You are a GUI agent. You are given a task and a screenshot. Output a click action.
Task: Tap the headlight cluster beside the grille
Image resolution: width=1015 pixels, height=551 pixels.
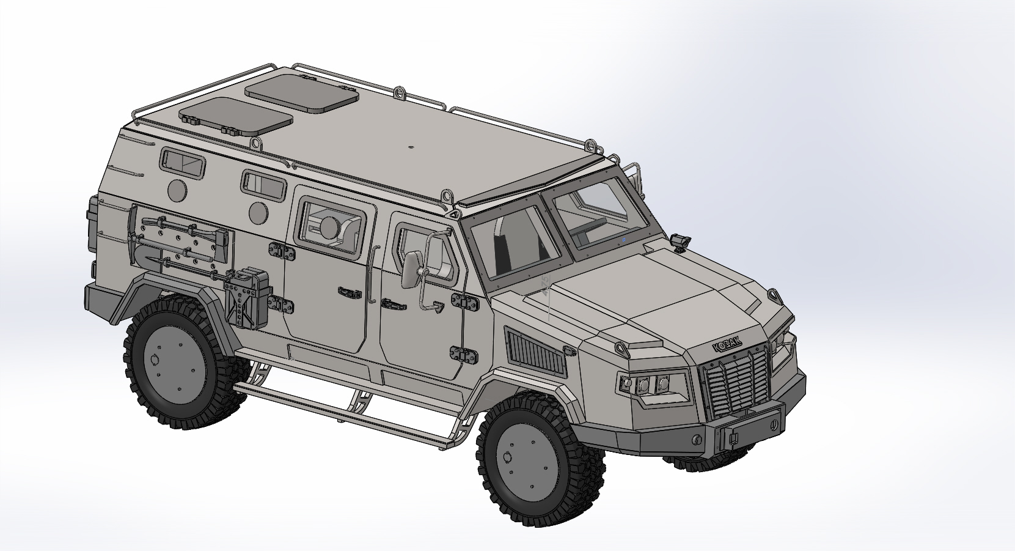(645, 385)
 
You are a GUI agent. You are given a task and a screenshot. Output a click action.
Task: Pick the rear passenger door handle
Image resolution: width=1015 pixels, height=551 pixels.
(350, 293)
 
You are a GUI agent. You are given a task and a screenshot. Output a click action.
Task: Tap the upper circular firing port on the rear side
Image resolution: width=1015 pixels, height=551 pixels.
(178, 191)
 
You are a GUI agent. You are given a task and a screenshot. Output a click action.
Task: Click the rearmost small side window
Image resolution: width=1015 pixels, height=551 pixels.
(183, 163)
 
